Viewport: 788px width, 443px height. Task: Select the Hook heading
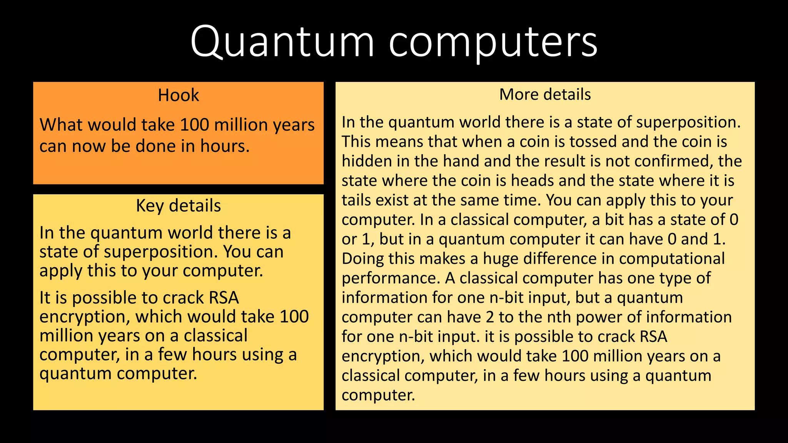click(179, 95)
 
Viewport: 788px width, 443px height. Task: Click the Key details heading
click(179, 206)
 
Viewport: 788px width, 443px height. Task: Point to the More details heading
click(545, 95)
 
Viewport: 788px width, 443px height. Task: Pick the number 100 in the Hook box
click(194, 125)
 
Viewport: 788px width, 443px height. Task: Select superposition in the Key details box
click(158, 252)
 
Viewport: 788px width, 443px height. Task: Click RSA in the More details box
click(653, 337)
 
